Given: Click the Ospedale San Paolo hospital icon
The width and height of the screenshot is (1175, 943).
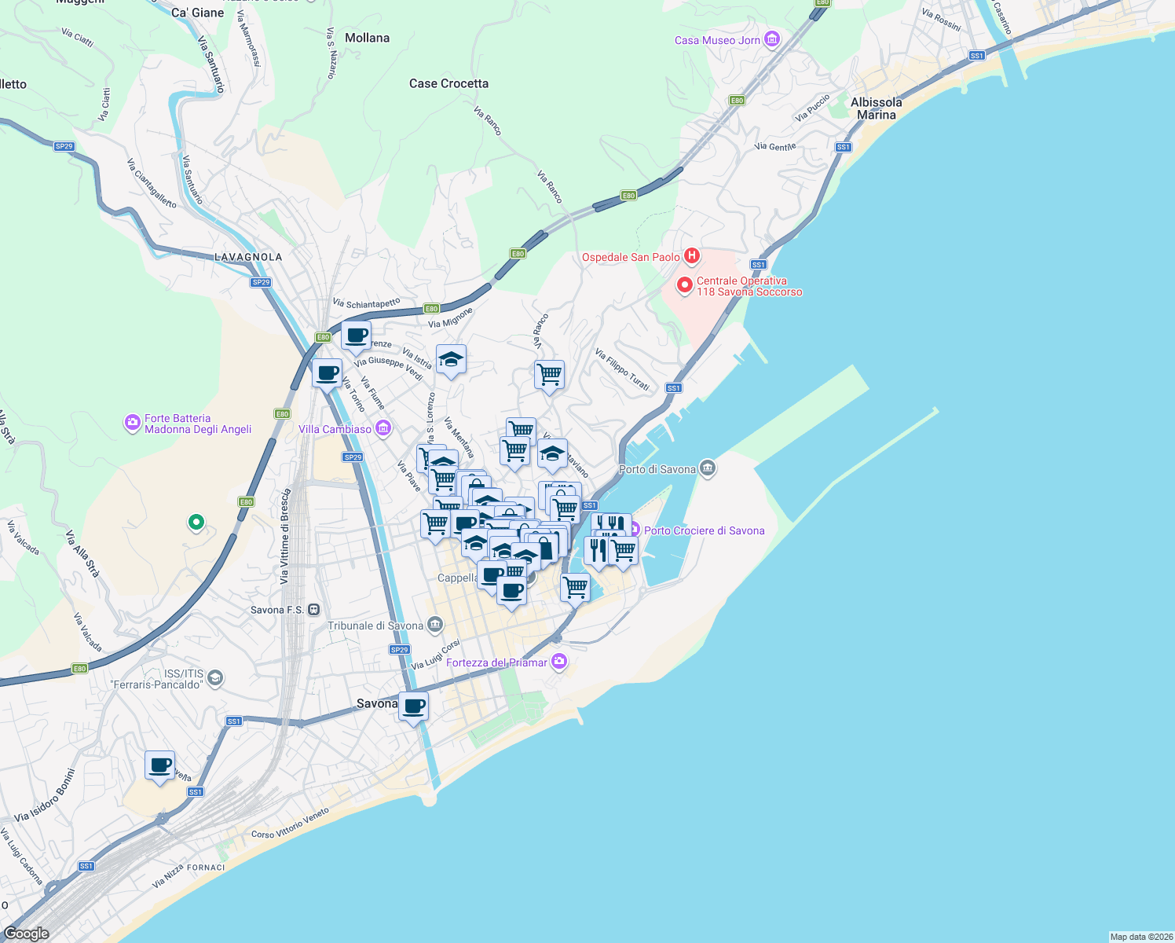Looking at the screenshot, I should [691, 255].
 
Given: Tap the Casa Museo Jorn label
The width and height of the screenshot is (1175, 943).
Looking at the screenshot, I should [717, 40].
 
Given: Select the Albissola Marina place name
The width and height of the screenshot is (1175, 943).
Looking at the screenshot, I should [876, 108].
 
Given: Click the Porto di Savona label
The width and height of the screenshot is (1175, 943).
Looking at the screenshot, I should [657, 469].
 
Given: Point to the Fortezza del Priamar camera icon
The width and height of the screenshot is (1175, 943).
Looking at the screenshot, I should [558, 662].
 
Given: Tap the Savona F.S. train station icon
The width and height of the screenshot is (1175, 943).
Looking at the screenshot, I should [314, 610].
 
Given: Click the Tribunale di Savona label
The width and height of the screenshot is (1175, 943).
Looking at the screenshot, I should [375, 626].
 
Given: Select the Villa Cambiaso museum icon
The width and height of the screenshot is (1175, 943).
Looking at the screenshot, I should [383, 428].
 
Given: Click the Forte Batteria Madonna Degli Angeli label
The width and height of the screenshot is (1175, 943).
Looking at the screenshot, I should [197, 424].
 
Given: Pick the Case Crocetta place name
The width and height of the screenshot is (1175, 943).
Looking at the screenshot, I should [448, 83].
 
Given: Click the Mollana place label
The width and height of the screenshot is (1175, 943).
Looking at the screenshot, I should [367, 38].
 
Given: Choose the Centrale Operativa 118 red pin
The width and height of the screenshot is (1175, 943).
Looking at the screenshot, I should [684, 285].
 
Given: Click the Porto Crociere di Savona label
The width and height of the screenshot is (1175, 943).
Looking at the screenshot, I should [704, 530].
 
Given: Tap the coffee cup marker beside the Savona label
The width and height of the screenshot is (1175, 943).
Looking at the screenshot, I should [413, 706].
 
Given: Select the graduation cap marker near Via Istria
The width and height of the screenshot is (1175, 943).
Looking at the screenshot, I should [451, 359].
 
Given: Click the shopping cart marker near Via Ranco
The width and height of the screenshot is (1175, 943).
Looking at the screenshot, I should [549, 374].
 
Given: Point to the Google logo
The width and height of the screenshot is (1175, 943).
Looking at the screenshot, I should [27, 933].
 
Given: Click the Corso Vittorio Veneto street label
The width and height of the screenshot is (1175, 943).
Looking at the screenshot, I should [290, 824].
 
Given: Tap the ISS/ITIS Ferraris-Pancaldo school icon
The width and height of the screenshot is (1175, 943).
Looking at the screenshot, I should [215, 679].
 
